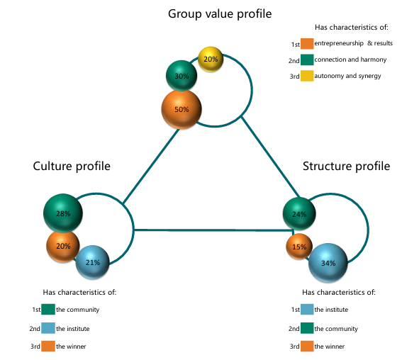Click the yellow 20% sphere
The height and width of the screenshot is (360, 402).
pyautogui.click(x=211, y=60)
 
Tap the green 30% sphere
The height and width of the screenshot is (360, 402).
pyautogui.click(x=182, y=76)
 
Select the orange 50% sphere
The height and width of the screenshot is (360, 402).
pyautogui.click(x=182, y=109)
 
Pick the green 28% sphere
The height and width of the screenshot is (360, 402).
pyautogui.click(x=63, y=213)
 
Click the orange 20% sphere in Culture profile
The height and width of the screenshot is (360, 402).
pyautogui.click(x=63, y=246)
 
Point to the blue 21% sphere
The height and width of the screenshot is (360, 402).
pyautogui.click(x=93, y=262)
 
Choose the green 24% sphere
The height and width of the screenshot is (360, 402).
pyautogui.click(x=299, y=214)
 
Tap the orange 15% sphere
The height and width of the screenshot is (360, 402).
pyautogui.click(x=299, y=247)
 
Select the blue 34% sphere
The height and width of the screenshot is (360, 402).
pyautogui.click(x=328, y=263)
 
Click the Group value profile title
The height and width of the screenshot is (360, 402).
pyautogui.click(x=220, y=14)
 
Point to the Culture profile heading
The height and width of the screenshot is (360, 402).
pyautogui.click(x=72, y=166)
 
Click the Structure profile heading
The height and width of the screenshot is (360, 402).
pyautogui.click(x=347, y=166)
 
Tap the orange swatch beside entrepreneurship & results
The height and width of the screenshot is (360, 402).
pyautogui.click(x=307, y=43)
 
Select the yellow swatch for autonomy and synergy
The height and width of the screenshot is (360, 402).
pyautogui.click(x=307, y=76)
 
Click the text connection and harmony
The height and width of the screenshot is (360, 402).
pyautogui.click(x=350, y=60)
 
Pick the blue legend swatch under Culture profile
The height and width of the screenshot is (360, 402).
pyautogui.click(x=48, y=328)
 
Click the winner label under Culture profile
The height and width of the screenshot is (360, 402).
pyautogui.click(x=71, y=347)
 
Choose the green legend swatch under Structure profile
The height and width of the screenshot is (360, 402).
pyautogui.click(x=307, y=328)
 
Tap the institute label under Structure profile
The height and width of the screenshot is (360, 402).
pyautogui.click(x=331, y=310)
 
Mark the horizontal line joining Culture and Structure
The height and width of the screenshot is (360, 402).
pyautogui.click(x=213, y=230)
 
